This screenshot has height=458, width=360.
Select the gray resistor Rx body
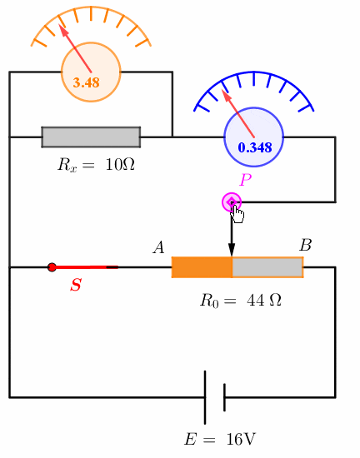(91, 137)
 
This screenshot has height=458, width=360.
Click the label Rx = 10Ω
(96, 165)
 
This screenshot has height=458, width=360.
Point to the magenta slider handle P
(232, 202)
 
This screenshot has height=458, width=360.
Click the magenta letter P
(246, 180)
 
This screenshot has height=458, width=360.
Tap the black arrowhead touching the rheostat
(232, 250)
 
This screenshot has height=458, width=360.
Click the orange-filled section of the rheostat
(202, 267)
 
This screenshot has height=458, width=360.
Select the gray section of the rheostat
(267, 267)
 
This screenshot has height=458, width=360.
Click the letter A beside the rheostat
(158, 247)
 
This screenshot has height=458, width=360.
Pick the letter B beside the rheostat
(305, 245)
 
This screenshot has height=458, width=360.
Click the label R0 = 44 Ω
(241, 301)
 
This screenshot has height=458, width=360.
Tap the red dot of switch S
(52, 267)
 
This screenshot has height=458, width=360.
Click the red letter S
(76, 285)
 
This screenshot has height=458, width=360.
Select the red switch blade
(85, 267)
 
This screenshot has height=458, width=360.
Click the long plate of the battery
(205, 397)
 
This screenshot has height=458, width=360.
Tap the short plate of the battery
(224, 397)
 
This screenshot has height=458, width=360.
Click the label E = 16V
(220, 439)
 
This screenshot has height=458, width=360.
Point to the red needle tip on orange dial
(59, 24)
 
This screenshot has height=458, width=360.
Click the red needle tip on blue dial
(222, 89)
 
